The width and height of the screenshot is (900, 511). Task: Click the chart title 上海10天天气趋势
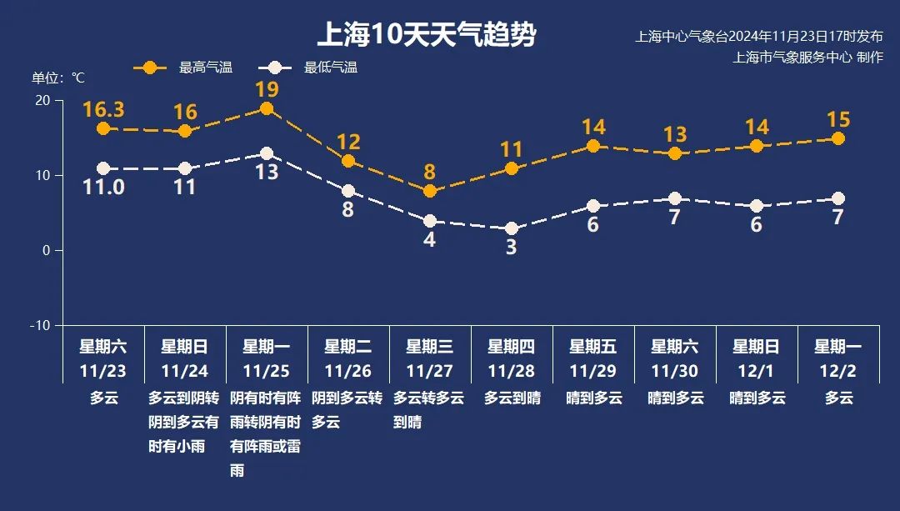[426, 36]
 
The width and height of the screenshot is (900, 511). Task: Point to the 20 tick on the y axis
[42, 100]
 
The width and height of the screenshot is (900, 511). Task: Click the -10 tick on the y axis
[40, 325]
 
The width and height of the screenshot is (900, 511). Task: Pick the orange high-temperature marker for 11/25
[267, 108]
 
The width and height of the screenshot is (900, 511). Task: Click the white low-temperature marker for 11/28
[512, 228]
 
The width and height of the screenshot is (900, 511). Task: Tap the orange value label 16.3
[103, 109]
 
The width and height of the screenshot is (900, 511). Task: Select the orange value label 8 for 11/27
[430, 173]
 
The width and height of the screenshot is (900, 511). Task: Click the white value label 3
[512, 248]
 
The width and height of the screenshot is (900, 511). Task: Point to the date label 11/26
[348, 370]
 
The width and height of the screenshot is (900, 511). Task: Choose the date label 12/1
[757, 370]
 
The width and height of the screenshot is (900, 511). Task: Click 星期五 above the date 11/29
[593, 347]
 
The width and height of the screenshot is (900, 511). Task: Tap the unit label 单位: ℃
[58, 78]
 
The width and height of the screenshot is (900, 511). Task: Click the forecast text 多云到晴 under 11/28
[512, 398]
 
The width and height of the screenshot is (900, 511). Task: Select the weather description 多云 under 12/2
[838, 398]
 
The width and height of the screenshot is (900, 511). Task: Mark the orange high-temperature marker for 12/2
[838, 138]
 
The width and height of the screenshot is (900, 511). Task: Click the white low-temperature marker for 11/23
[103, 168]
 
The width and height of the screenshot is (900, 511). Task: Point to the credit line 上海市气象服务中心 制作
[807, 58]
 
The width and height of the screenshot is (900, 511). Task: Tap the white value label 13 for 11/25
[267, 173]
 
